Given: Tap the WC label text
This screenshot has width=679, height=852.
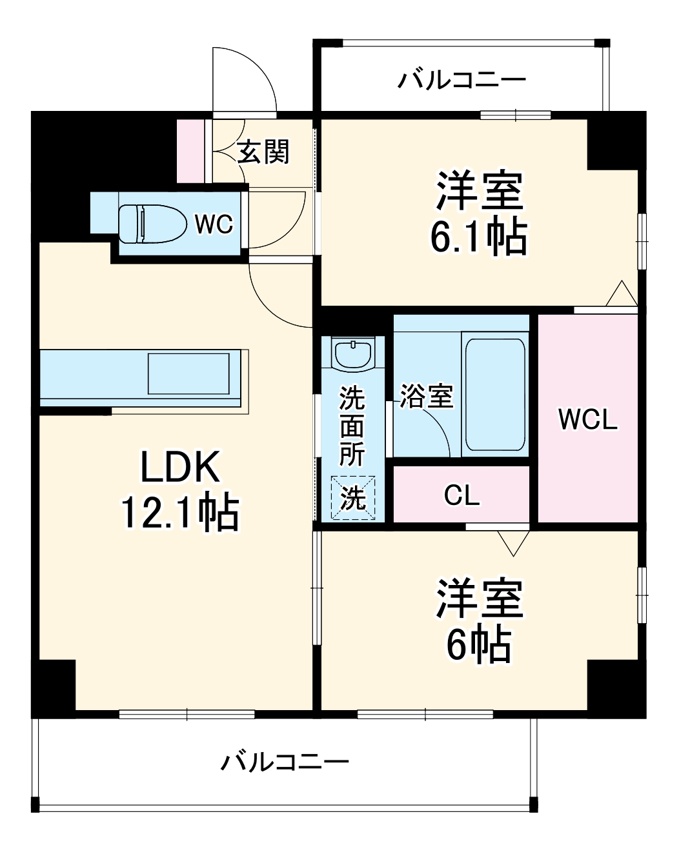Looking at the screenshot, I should [x=214, y=224].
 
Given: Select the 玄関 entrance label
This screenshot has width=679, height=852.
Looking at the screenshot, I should [x=263, y=152].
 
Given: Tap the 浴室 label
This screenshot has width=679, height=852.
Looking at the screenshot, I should [x=426, y=396].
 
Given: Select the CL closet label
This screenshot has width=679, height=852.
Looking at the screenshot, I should [x=461, y=495].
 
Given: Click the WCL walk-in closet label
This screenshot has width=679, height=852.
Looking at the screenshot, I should [x=587, y=419].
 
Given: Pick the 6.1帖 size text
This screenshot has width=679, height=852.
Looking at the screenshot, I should [x=478, y=237].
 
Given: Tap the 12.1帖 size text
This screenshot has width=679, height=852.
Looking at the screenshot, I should [x=180, y=513].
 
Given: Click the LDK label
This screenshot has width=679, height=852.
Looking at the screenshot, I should [x=180, y=468].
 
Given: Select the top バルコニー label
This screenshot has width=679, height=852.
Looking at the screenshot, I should [x=461, y=81].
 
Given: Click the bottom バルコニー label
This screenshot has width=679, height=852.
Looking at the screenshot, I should [x=285, y=762].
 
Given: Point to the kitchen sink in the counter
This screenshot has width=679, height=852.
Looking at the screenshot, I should [x=188, y=373].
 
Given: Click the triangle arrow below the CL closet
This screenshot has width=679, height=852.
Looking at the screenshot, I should [x=513, y=544].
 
